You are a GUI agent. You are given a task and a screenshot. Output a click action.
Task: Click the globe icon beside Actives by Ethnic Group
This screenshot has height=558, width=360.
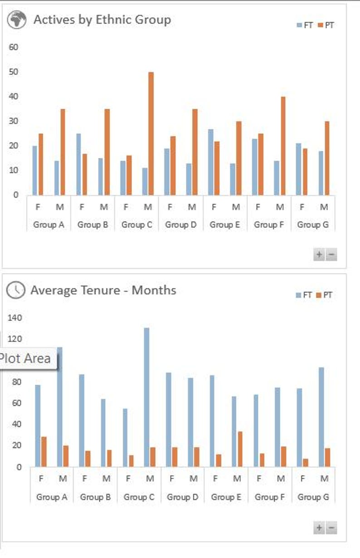(17, 20)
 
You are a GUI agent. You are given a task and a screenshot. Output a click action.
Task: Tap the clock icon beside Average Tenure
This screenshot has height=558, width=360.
(15, 290)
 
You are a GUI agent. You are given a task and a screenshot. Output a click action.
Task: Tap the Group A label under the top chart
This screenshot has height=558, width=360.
(49, 225)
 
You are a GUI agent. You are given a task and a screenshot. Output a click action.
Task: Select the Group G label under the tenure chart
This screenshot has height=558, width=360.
(313, 497)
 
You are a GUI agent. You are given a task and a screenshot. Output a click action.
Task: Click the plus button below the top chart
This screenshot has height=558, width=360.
(319, 255)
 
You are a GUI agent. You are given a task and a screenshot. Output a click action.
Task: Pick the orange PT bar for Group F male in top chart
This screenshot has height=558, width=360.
(283, 146)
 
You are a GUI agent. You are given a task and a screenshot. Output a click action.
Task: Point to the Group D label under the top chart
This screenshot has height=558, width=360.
(180, 225)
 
